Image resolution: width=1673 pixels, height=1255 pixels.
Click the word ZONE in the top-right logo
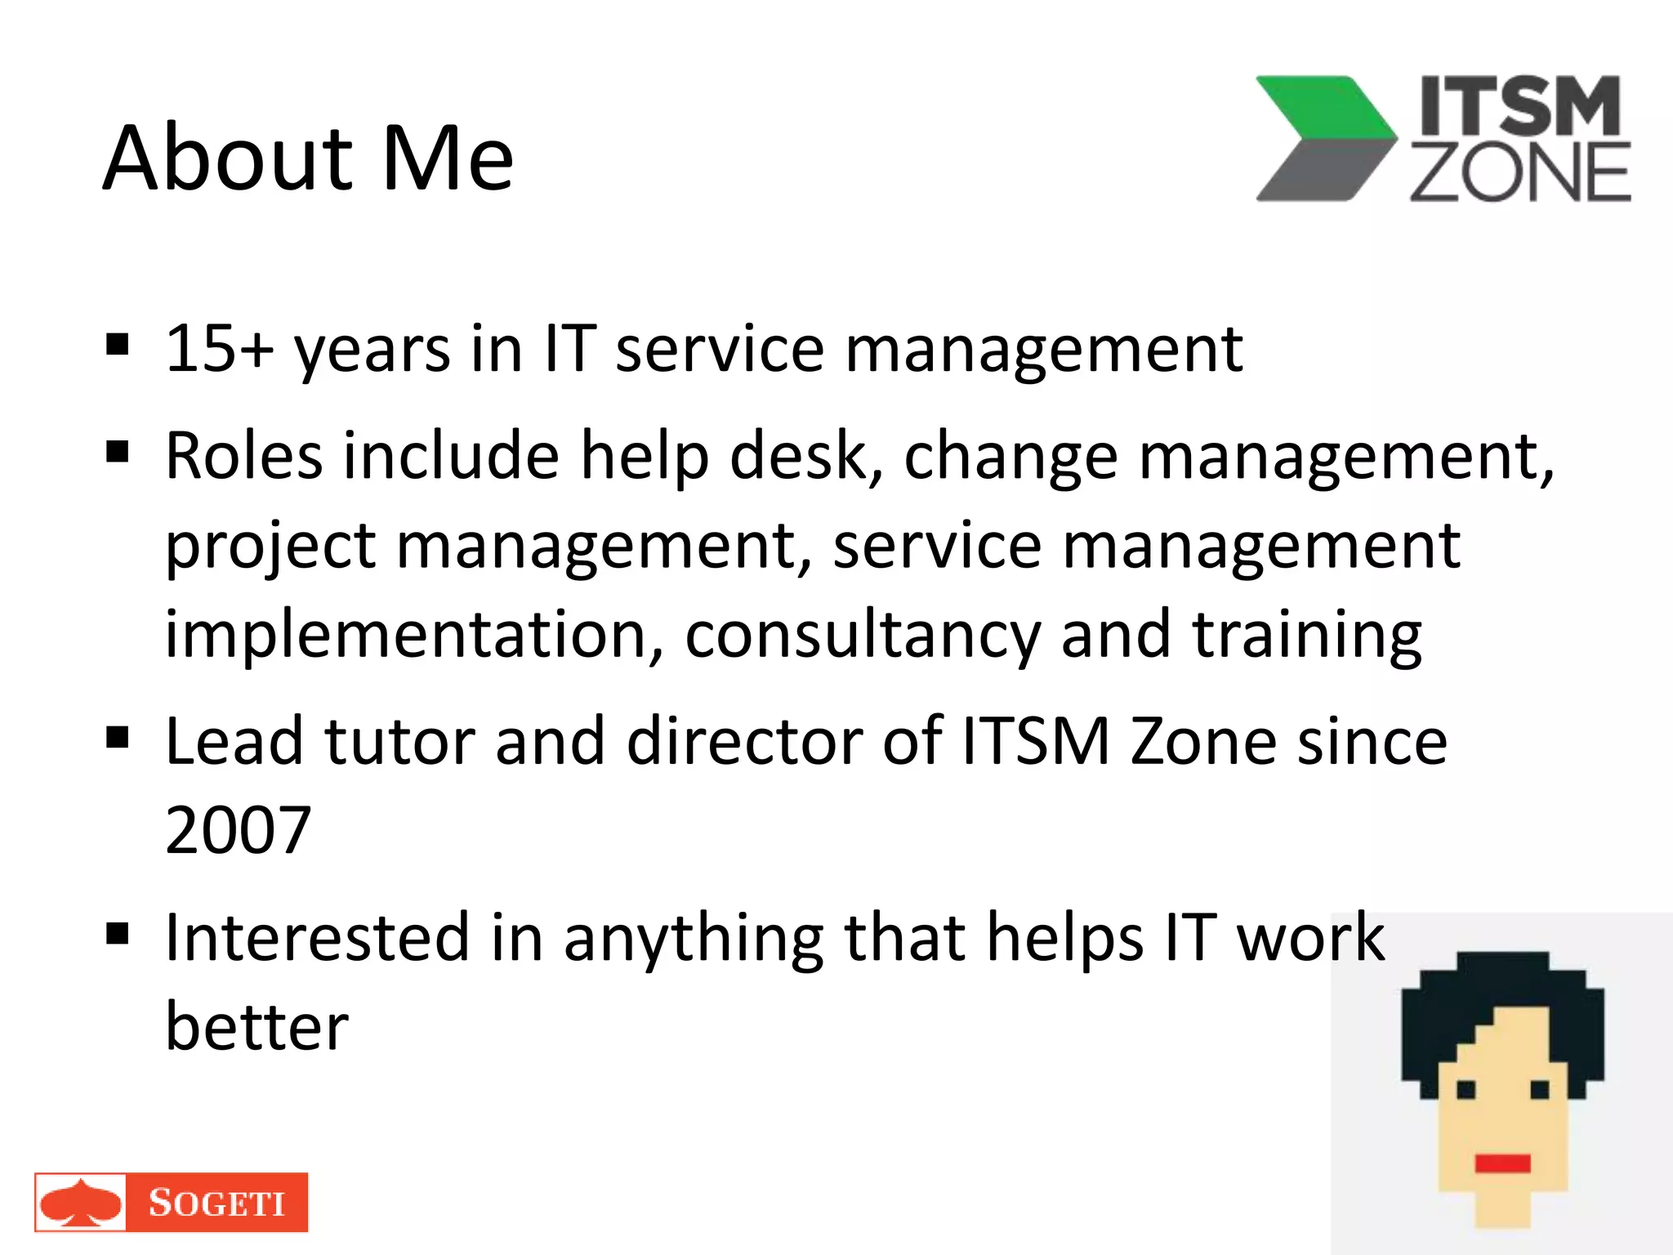tap(1519, 172)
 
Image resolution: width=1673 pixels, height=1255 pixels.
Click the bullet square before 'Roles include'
tap(118, 451)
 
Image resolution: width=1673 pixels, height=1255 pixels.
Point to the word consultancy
tap(862, 636)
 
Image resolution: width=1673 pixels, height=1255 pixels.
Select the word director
tap(744, 741)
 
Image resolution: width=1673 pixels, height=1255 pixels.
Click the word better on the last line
tap(257, 1027)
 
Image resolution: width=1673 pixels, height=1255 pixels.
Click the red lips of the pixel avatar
tap(1501, 1163)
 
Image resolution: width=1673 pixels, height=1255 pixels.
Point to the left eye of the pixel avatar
tap(1466, 1089)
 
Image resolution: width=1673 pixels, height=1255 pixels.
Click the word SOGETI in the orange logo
tap(216, 1203)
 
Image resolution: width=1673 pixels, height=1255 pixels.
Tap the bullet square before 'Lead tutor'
tap(118, 738)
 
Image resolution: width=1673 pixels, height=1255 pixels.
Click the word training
tap(1307, 636)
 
